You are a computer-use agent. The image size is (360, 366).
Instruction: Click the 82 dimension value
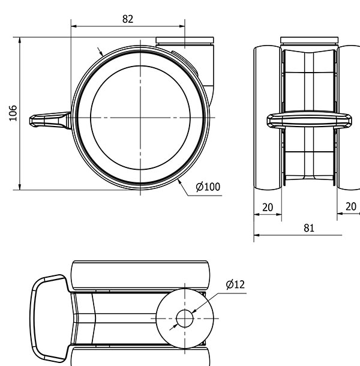click(x=128, y=19)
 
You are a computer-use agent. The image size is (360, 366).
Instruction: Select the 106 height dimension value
click(x=13, y=113)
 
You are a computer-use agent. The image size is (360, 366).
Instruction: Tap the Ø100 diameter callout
click(x=208, y=187)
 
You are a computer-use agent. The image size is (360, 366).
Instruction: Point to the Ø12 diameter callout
click(x=235, y=284)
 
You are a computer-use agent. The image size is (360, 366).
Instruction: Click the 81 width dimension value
click(x=309, y=228)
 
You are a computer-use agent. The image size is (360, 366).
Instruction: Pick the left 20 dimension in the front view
click(x=268, y=207)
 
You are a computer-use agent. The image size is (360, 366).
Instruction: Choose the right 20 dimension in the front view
click(x=351, y=206)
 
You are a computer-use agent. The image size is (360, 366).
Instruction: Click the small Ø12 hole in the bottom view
click(x=185, y=319)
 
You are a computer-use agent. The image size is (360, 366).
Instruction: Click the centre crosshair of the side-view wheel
click(x=140, y=118)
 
